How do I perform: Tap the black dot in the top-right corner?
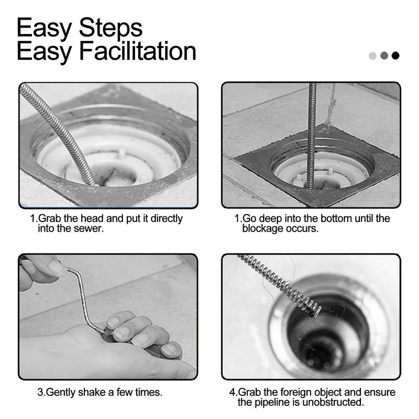(x=395, y=56)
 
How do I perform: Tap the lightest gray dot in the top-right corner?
(x=373, y=56)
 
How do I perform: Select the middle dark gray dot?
(x=384, y=56)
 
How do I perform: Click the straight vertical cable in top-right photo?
(x=312, y=131)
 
